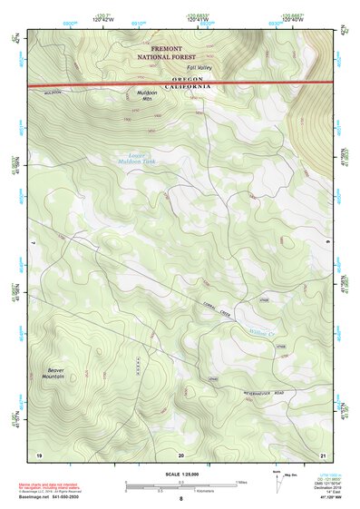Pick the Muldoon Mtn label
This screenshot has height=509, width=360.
click(148, 96)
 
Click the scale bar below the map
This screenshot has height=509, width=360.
click(180, 485)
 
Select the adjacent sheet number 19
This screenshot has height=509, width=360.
click(38, 454)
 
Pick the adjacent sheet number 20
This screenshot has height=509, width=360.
click(180, 454)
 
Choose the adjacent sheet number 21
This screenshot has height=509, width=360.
click(323, 454)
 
